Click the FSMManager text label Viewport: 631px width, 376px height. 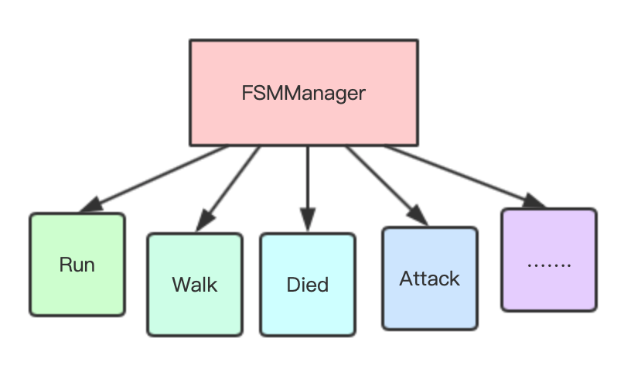coord(303,94)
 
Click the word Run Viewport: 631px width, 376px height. coord(77,265)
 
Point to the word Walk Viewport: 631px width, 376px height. coord(195,284)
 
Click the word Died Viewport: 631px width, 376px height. coord(308,284)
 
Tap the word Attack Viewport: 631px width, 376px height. coord(430,278)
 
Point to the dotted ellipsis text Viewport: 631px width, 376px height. coord(549,264)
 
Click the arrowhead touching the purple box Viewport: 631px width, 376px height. coord(534,201)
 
